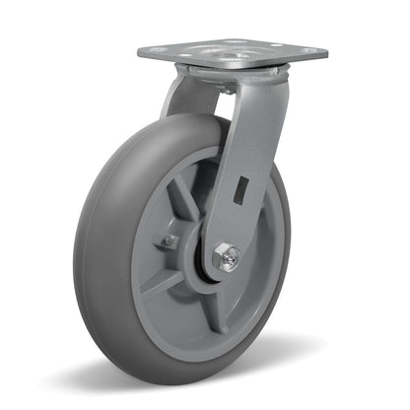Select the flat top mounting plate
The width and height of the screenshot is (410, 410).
(x=233, y=51)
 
